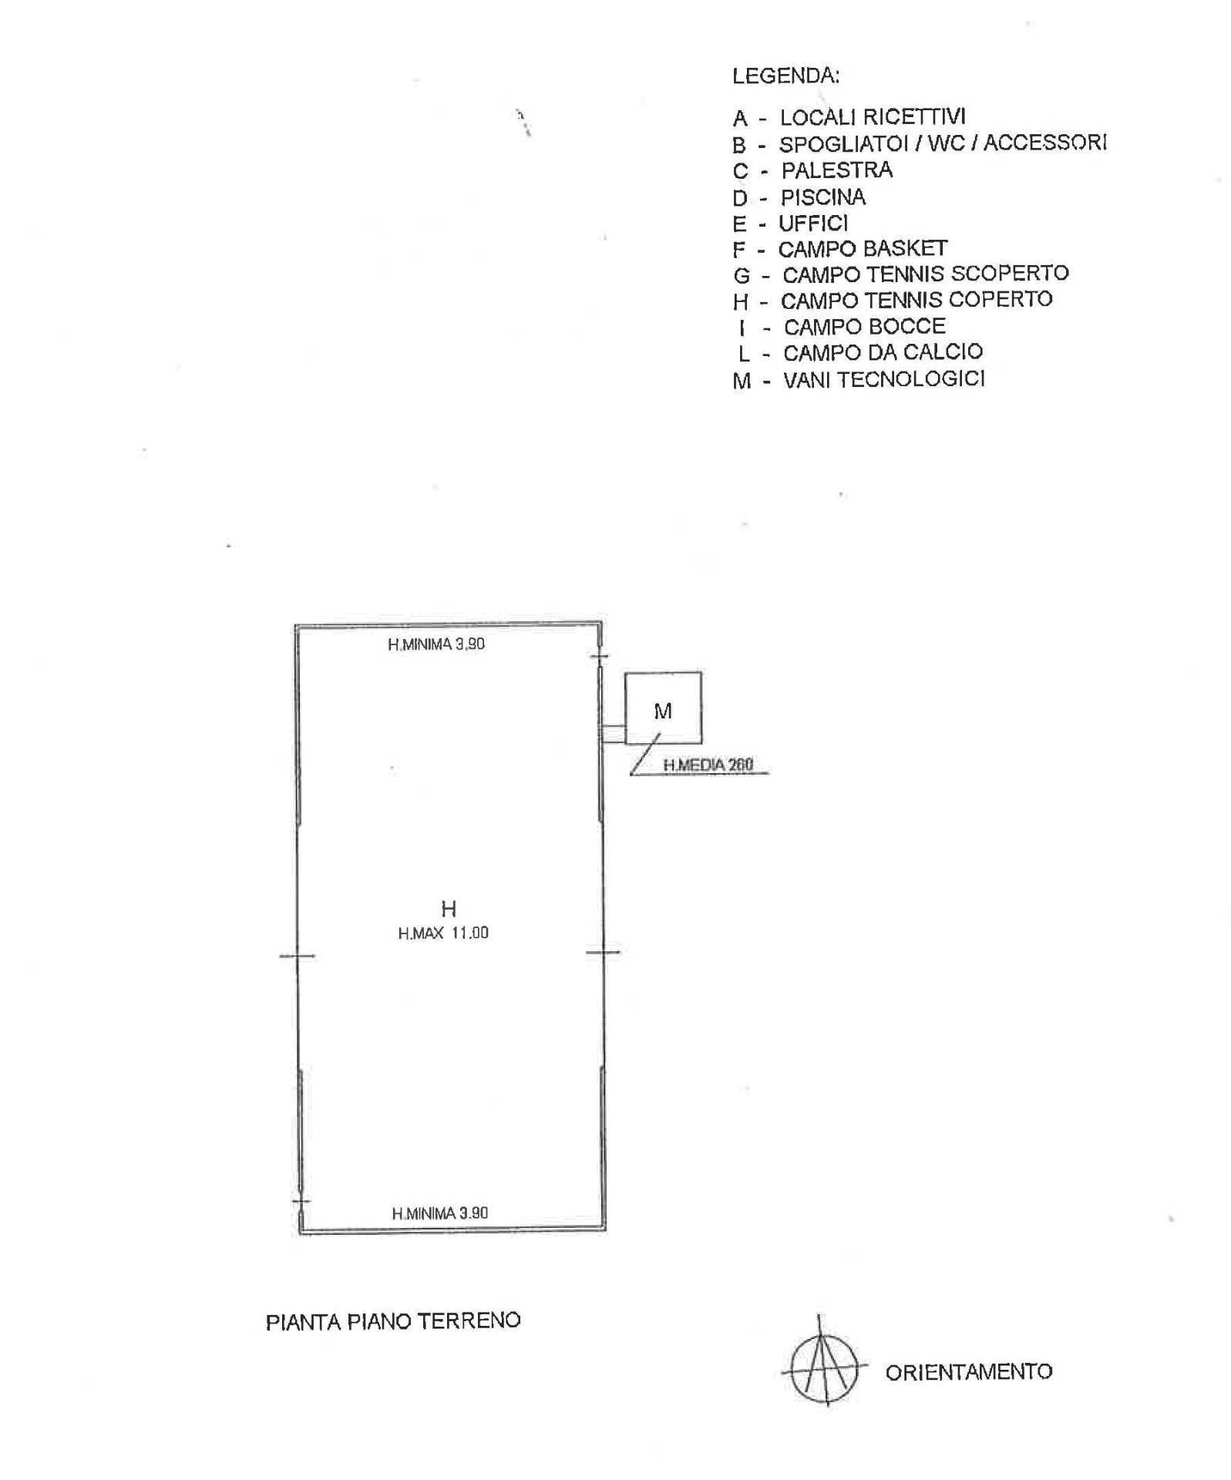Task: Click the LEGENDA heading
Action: click(785, 76)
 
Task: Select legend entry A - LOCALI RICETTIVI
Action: click(849, 117)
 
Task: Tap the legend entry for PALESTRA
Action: click(812, 170)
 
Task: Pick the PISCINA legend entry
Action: click(799, 197)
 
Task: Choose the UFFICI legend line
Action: click(790, 224)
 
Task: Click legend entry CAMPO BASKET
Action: click(840, 249)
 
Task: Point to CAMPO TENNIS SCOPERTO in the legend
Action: click(900, 274)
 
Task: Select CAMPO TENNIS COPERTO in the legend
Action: click(893, 299)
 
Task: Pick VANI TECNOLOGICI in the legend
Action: click(859, 379)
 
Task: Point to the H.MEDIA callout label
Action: click(708, 765)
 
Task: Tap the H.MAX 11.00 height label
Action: click(443, 933)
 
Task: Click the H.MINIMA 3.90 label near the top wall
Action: click(436, 644)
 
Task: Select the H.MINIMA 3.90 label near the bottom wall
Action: click(440, 1213)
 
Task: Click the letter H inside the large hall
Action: click(449, 908)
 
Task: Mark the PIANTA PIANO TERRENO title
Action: click(393, 1321)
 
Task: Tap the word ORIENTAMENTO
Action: click(969, 1372)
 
